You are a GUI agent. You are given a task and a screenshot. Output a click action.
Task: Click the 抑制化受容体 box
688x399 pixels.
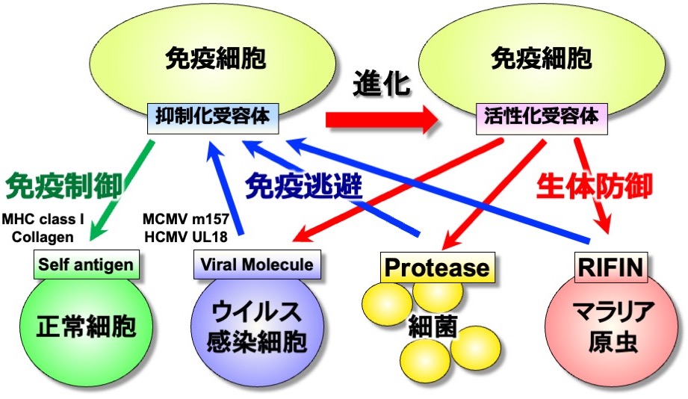click(214, 117)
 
